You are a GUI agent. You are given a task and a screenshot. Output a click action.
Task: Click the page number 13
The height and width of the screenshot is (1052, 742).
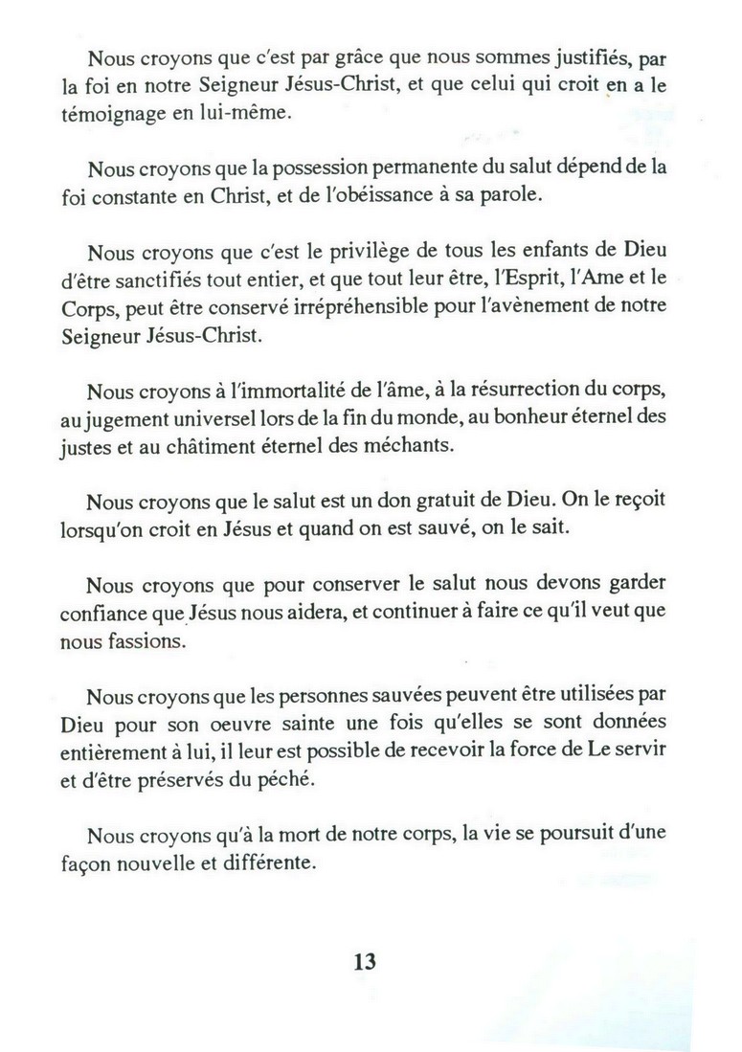(x=365, y=961)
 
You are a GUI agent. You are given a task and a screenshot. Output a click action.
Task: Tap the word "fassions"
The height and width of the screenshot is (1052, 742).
(x=143, y=641)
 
